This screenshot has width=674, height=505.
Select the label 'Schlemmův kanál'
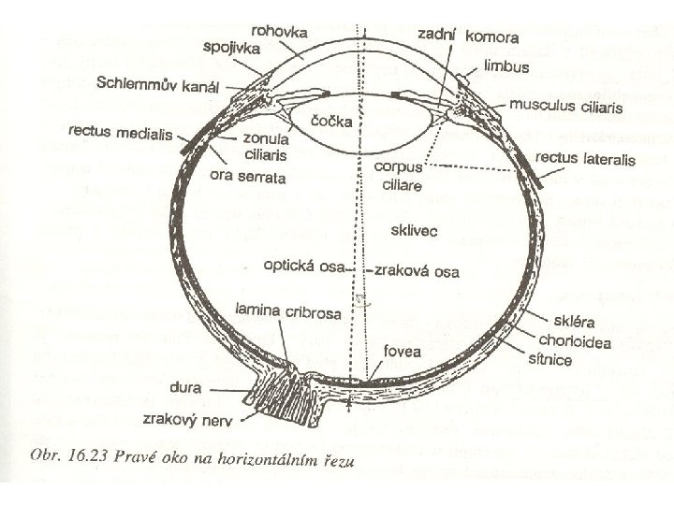[157, 84]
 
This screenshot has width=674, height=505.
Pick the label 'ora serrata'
[247, 177]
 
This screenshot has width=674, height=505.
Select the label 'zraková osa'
[418, 271]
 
